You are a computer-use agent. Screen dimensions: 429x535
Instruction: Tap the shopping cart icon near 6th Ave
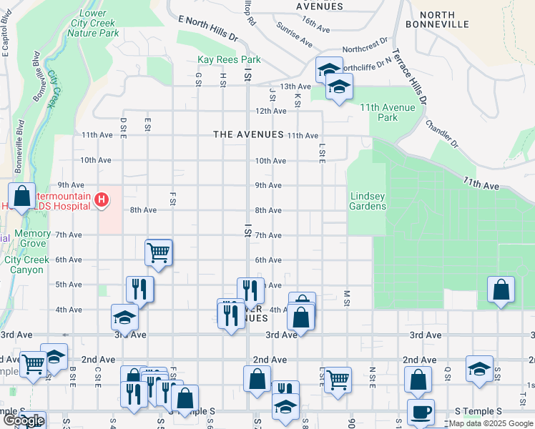point(158,252)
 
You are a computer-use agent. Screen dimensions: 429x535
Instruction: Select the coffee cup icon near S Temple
point(421,412)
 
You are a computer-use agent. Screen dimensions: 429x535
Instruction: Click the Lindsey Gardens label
point(368,201)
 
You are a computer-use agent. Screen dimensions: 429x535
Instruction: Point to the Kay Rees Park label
point(229,60)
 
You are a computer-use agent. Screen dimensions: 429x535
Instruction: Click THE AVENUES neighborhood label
point(248,135)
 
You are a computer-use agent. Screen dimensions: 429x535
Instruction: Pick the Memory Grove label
point(33,239)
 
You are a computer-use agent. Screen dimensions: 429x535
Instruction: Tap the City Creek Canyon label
point(27,265)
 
